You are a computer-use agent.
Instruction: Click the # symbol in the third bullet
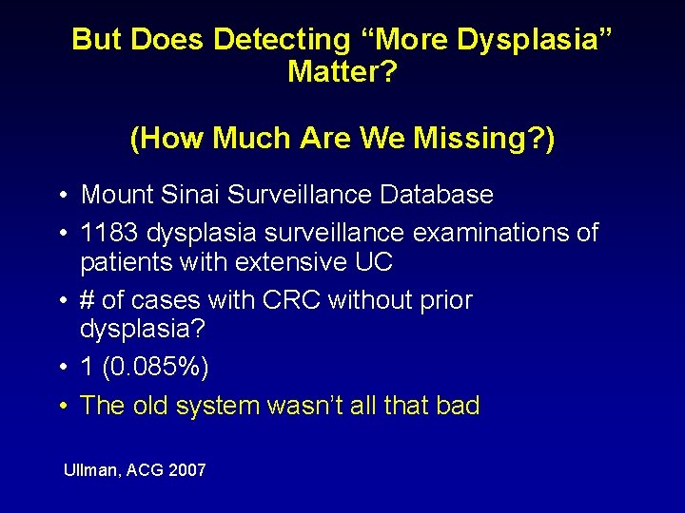click(88, 301)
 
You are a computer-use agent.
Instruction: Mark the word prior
click(443, 301)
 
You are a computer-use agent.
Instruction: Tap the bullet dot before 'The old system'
click(60, 407)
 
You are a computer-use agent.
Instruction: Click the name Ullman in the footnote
click(88, 470)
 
